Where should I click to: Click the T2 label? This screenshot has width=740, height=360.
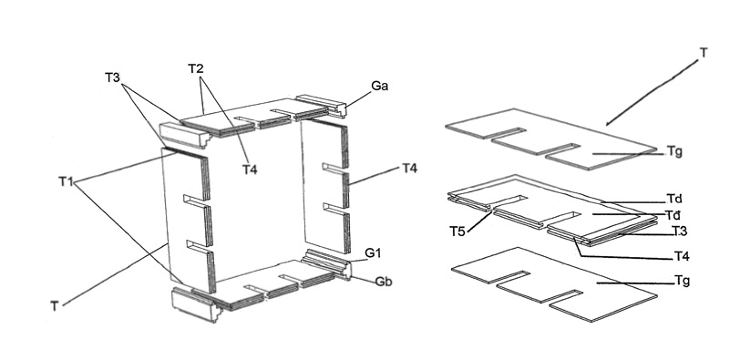(196, 69)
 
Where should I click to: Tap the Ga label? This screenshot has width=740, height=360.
(379, 87)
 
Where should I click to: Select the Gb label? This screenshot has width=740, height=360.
(384, 282)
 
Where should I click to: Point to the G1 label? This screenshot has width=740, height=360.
(373, 254)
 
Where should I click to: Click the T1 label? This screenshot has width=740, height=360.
(66, 181)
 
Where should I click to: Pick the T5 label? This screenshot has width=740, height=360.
(457, 231)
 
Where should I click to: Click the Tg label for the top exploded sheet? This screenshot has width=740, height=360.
(674, 151)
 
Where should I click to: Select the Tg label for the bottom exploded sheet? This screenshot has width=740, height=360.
(683, 282)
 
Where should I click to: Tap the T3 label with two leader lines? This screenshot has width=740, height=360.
(112, 77)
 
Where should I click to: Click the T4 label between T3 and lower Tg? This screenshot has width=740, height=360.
(682, 257)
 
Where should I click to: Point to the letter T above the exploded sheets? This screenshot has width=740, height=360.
(704, 52)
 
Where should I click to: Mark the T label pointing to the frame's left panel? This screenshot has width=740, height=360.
(55, 307)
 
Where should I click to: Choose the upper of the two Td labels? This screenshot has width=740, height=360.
(674, 199)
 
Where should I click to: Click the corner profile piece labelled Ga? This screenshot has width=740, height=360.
(322, 106)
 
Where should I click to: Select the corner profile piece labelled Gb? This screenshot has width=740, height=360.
(329, 264)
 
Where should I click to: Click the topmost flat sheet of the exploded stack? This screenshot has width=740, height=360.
(550, 139)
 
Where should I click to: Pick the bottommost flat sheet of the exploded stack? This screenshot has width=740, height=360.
(554, 284)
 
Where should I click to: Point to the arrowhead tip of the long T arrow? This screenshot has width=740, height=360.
(606, 126)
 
